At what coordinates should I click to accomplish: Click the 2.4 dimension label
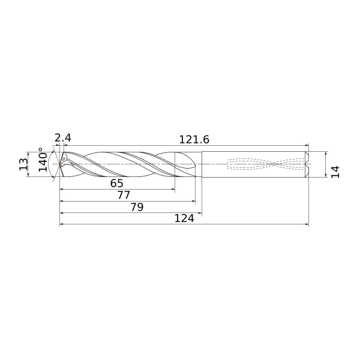coord(63,138)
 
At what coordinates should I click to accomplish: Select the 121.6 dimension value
coord(194,140)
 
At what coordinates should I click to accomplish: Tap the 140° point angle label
coord(43,160)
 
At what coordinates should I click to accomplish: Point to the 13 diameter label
coord(23,164)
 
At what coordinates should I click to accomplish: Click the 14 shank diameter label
coord(335,172)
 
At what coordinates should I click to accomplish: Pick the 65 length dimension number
coord(117,183)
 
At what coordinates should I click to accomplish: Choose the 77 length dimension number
coord(124,195)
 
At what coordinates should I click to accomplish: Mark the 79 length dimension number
coord(137,207)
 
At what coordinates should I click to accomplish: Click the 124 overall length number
coord(184,218)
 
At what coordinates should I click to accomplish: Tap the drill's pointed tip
coord(59,164)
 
